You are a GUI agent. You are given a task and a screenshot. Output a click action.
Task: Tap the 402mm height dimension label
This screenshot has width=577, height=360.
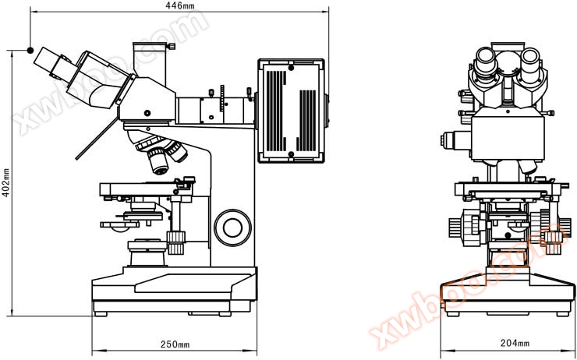pos(6,183)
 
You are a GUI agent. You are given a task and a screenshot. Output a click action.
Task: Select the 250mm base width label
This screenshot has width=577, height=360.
pos(175,344)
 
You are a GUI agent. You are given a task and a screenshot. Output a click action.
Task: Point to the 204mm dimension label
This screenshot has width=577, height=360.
pos(513,344)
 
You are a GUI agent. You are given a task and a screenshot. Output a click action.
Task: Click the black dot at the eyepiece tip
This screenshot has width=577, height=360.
pos(30,50)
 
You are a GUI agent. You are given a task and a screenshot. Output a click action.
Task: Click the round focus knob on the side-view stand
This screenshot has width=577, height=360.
pos(232,226)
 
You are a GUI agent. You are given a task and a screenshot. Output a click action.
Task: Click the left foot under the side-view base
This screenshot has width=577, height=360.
pos(101,314)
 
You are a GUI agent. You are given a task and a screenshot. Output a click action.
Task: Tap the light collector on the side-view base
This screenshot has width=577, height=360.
pos(147,251)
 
